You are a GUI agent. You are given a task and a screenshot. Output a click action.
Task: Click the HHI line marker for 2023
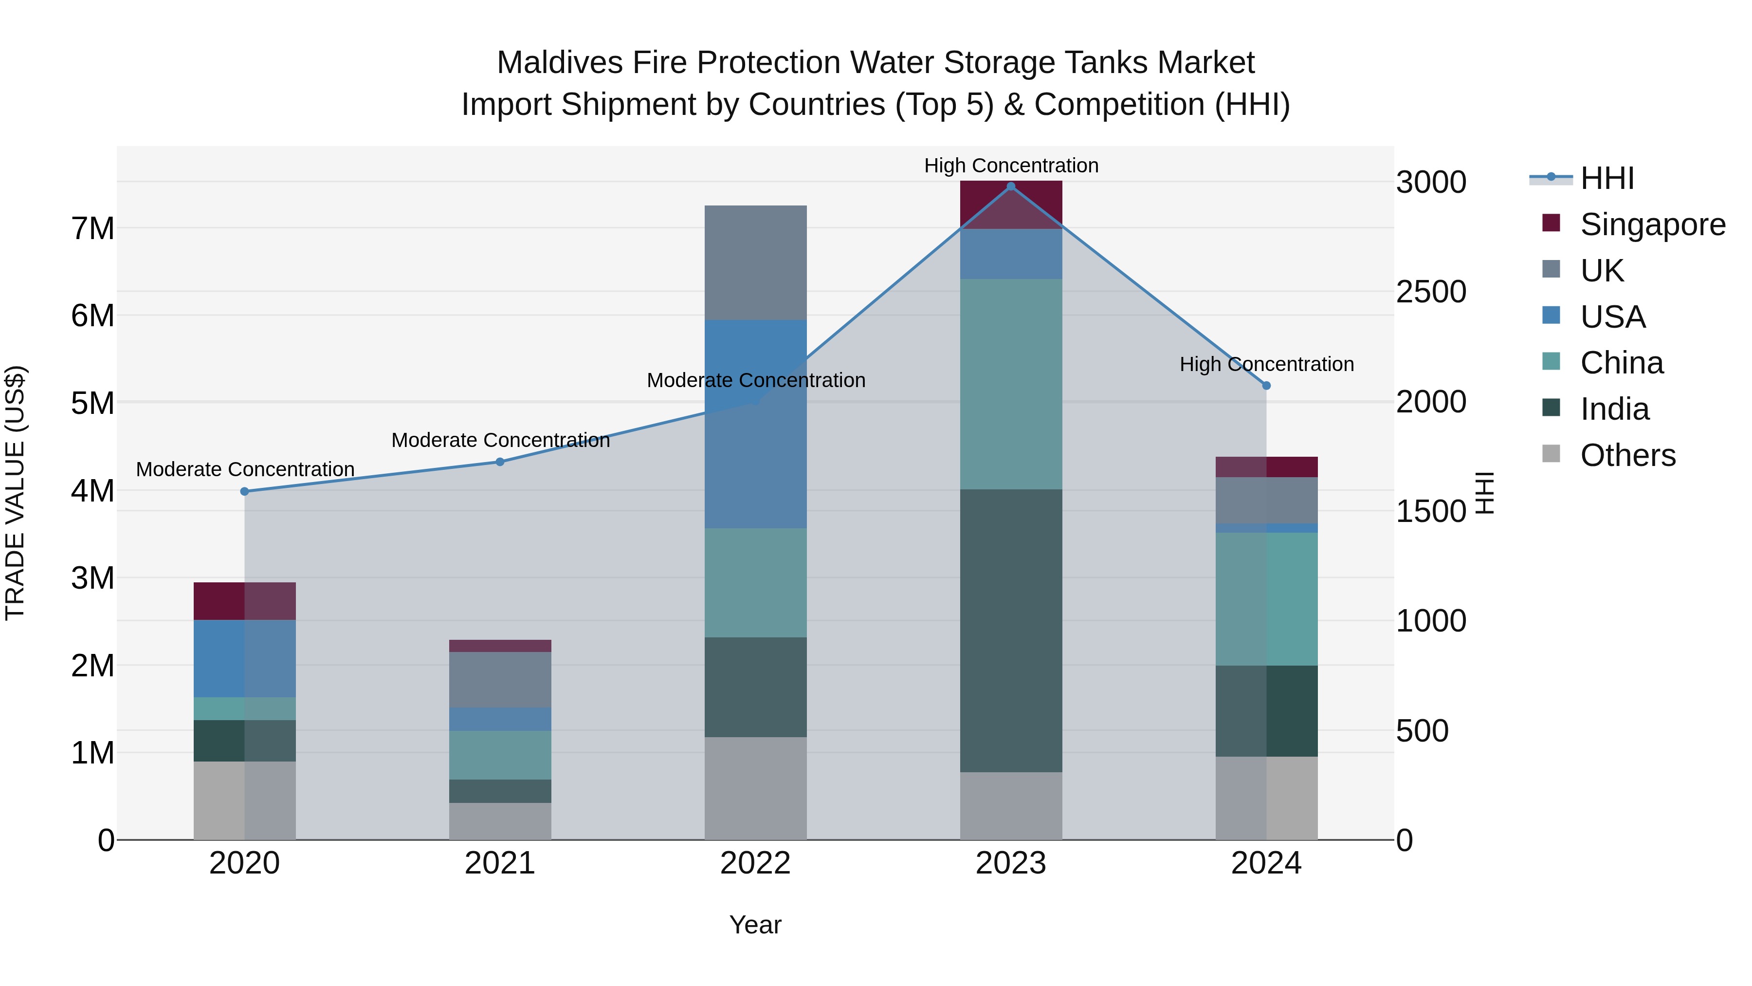(x=1011, y=186)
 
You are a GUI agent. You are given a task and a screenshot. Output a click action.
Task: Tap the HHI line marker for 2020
(x=245, y=491)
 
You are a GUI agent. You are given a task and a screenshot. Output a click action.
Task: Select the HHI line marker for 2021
(x=500, y=462)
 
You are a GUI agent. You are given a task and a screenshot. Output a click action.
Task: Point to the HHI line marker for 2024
(x=1266, y=386)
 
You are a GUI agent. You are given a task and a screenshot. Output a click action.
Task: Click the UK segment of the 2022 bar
(x=756, y=262)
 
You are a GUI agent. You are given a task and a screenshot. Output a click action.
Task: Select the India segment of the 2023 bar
(x=1011, y=630)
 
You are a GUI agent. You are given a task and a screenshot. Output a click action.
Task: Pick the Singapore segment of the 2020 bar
(x=245, y=601)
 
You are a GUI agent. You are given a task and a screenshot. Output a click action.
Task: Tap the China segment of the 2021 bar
(x=500, y=755)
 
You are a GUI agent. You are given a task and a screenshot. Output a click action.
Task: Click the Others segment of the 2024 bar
(x=1266, y=798)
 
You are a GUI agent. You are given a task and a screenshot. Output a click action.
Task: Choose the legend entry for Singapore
(x=1652, y=224)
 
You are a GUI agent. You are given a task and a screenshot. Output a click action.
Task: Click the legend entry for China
(x=1622, y=363)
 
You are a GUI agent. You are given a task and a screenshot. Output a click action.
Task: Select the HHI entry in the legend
(x=1606, y=178)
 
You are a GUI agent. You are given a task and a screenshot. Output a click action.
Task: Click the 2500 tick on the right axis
(x=1431, y=292)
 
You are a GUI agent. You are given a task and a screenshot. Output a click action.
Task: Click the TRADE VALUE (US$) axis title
(x=15, y=493)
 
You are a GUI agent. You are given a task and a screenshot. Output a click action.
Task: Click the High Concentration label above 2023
(x=1011, y=166)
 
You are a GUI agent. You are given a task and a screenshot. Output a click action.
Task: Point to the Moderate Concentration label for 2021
(x=501, y=440)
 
